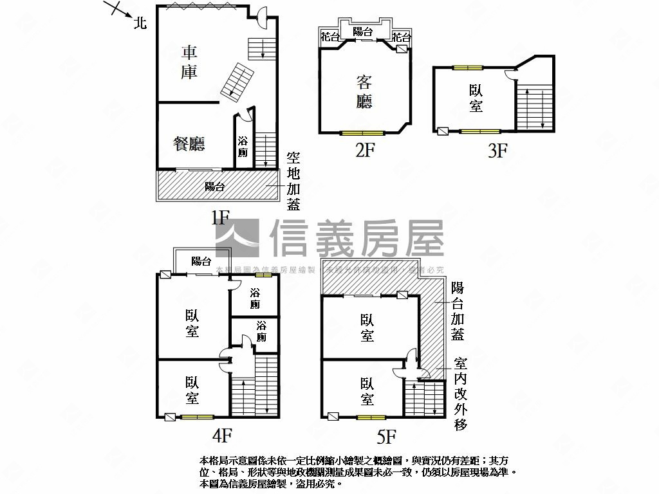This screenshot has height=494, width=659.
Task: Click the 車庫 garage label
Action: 189,62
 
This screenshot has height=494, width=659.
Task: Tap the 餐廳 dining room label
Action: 189,143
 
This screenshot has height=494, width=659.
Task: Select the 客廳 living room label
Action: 364,91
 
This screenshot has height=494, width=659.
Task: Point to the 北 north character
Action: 140,24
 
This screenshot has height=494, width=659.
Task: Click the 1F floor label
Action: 220,217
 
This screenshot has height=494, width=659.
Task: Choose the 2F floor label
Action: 364,151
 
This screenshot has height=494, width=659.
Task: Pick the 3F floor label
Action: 497,151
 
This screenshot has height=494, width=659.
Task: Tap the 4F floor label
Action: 221,436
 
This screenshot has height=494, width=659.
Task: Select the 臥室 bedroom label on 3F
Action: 476,98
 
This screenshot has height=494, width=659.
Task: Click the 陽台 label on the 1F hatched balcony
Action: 215,187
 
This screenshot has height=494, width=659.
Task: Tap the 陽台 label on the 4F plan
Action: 201,261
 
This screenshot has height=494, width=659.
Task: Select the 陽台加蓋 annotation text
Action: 458,311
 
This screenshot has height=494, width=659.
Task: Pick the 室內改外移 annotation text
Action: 459,394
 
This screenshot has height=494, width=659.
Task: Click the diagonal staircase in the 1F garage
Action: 236,82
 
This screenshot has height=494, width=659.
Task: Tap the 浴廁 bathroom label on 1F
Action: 243,147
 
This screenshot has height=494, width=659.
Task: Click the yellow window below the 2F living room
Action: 362,133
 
